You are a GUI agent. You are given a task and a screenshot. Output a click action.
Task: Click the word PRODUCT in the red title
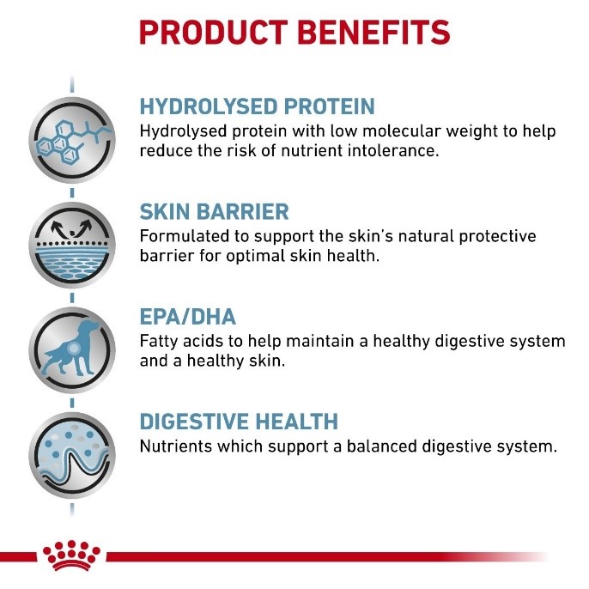(213, 33)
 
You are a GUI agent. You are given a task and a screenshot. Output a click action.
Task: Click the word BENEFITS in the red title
(373, 33)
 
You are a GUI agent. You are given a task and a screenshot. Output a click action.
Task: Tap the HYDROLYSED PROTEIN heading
(258, 106)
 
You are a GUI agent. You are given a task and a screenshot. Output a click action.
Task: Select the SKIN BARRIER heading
(214, 211)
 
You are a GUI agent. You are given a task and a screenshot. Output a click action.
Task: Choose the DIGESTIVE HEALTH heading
(239, 421)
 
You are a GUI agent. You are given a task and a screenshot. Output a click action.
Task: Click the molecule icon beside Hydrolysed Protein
(72, 140)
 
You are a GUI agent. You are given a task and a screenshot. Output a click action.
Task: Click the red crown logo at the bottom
(71, 555)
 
